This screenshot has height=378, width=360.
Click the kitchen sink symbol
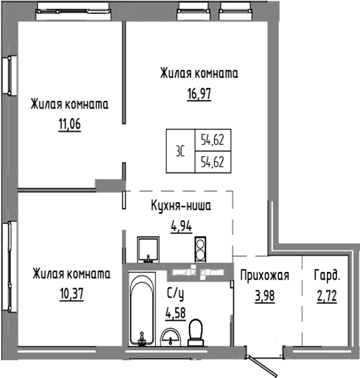(x=150, y=249)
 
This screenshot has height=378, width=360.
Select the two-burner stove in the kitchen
(x=200, y=249)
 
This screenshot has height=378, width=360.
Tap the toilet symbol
(x=196, y=330)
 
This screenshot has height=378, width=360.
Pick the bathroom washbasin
(x=171, y=337)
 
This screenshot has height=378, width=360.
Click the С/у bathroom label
(x=176, y=294)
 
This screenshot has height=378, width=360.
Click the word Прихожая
(x=264, y=275)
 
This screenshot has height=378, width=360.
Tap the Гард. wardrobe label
(x=327, y=275)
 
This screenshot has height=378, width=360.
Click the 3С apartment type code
(x=181, y=151)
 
